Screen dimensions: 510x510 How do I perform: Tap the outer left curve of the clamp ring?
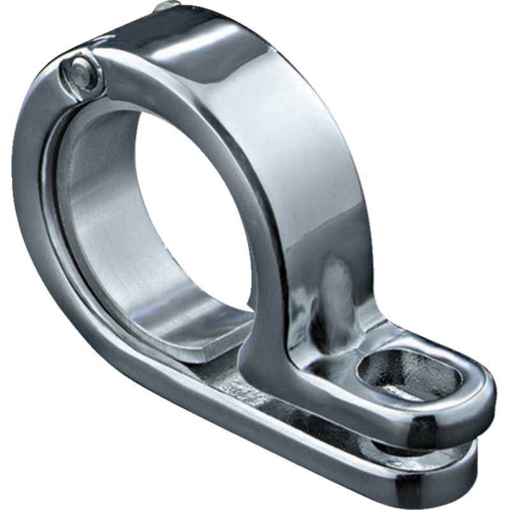point(32,210)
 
